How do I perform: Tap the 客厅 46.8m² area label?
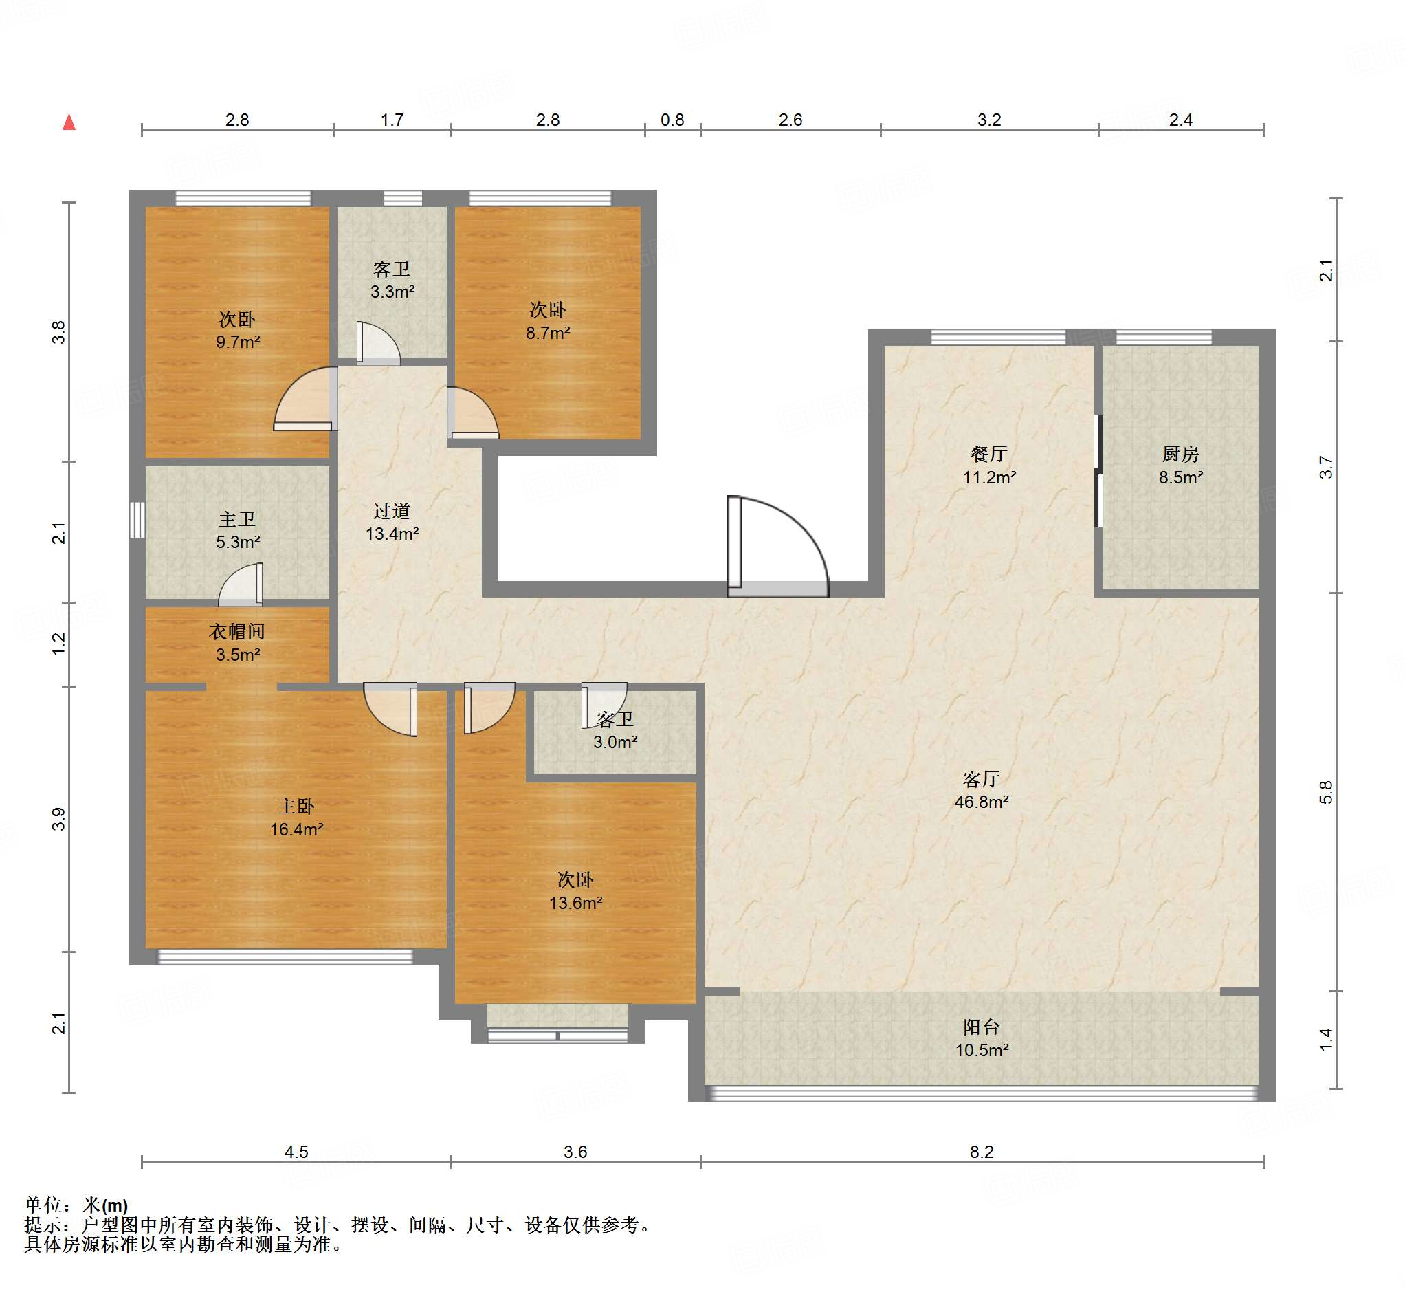pyautogui.click(x=982, y=791)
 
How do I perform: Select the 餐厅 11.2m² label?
pyautogui.click(x=989, y=466)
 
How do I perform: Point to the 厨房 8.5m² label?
pyautogui.click(x=1181, y=466)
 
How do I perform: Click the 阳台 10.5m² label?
pyautogui.click(x=982, y=1038)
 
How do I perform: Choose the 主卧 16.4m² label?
pyautogui.click(x=296, y=818)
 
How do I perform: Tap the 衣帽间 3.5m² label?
pyautogui.click(x=238, y=643)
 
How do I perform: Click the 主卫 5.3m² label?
pyautogui.click(x=238, y=531)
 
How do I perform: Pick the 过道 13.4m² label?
pyautogui.click(x=391, y=523)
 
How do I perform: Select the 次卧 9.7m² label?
pyautogui.click(x=238, y=331)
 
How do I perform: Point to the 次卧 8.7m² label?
pyautogui.click(x=547, y=321)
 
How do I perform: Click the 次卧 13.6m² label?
pyautogui.click(x=575, y=890)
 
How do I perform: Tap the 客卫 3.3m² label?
pyautogui.click(x=391, y=281)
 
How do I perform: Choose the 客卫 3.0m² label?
pyautogui.click(x=615, y=731)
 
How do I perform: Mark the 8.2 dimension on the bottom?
pyautogui.click(x=982, y=1152)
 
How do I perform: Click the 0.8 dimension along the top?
pyautogui.click(x=672, y=120)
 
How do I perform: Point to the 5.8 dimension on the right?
pyautogui.click(x=1326, y=792)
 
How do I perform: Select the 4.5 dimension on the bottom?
pyautogui.click(x=296, y=1152)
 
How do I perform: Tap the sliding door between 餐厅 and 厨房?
pyautogui.click(x=1098, y=471)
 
